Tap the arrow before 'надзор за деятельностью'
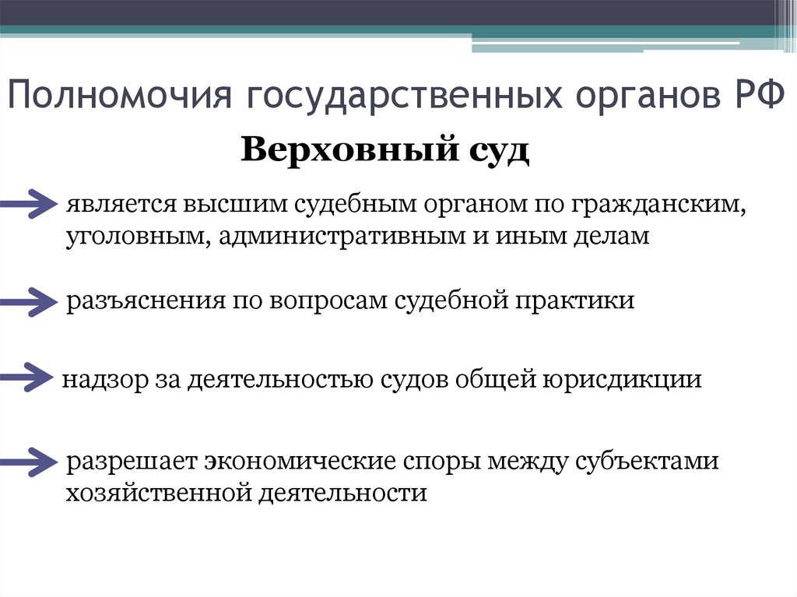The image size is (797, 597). pos(30,378)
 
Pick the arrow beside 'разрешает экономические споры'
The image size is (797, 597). pos(30,461)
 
